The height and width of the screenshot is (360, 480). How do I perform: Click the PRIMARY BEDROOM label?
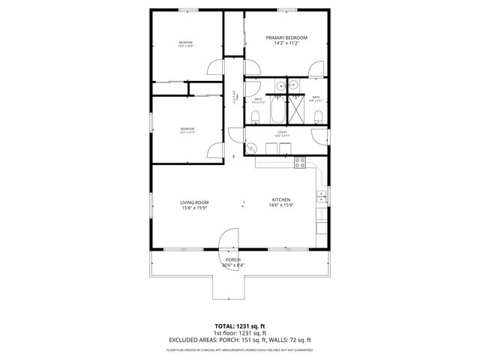(287, 37)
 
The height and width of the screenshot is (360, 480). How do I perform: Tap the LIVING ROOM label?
(193, 202)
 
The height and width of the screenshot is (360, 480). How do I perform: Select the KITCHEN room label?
(280, 199)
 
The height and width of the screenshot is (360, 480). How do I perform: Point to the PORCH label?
(233, 259)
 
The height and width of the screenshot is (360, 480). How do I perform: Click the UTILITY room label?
(282, 132)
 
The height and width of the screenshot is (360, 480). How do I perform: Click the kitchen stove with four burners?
(301, 161)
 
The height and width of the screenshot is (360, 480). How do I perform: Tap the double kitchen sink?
(322, 196)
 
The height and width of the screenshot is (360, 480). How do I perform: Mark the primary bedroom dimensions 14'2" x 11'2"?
(287, 43)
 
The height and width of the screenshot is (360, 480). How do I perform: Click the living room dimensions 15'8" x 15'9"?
(193, 208)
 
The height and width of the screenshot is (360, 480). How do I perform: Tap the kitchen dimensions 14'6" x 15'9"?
(280, 205)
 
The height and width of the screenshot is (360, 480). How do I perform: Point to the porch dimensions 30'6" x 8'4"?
(233, 265)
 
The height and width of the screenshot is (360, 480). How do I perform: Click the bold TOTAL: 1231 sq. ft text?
(239, 326)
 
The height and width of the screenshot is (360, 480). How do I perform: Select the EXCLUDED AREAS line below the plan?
(239, 340)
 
